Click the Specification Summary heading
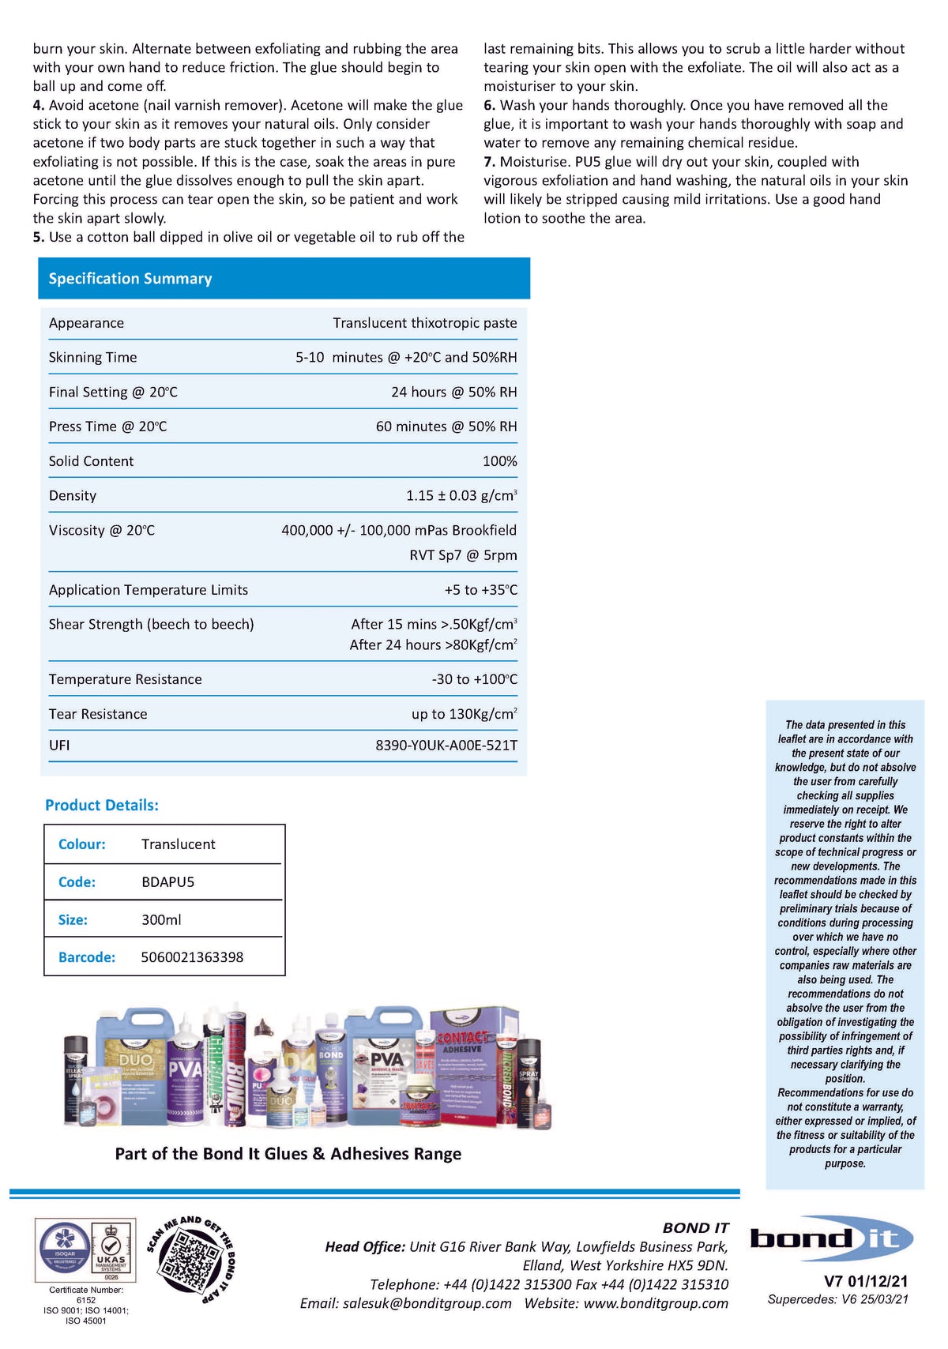(x=130, y=279)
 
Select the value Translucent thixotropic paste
(x=424, y=323)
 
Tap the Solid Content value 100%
(x=499, y=461)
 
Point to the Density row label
(x=73, y=496)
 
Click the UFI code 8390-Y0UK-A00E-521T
(x=446, y=745)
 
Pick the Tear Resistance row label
(x=98, y=714)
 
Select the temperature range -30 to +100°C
(x=474, y=679)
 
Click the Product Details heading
(x=102, y=805)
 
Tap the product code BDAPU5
(x=167, y=882)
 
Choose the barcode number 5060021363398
(x=192, y=957)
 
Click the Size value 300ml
(x=161, y=920)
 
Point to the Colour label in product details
(x=81, y=844)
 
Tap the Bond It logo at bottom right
(x=831, y=1238)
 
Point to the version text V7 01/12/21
(x=866, y=1281)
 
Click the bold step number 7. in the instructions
(x=490, y=162)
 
